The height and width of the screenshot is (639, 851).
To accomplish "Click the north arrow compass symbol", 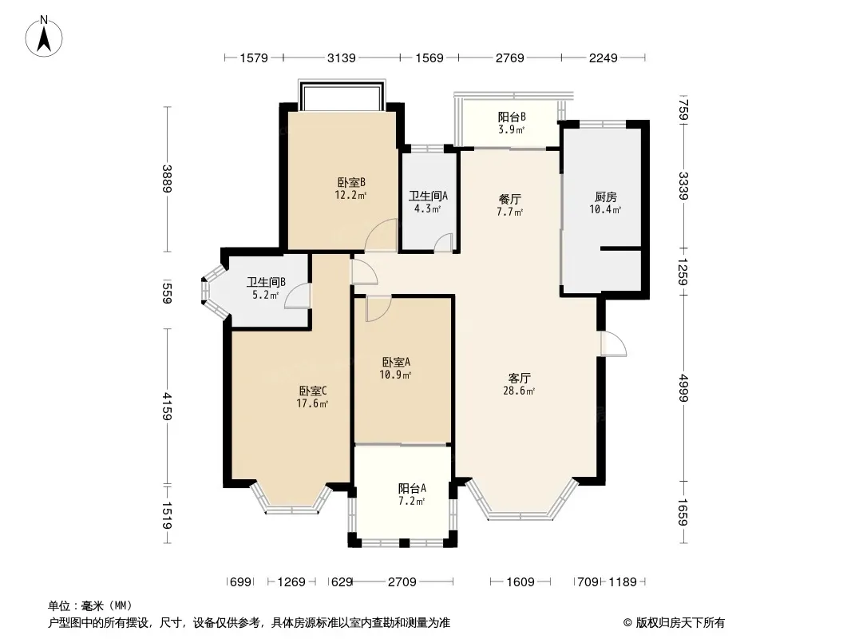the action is (x=44, y=37).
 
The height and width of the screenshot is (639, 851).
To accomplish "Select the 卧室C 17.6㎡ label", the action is (x=313, y=397).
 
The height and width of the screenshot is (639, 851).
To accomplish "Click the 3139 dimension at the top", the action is (x=342, y=58).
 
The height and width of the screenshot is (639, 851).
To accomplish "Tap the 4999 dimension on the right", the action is (x=683, y=387).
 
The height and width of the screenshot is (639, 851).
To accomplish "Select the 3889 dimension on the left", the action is (x=167, y=179).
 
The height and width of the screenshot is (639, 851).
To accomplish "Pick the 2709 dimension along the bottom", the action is (x=402, y=582).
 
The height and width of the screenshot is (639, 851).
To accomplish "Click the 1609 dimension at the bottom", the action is (x=520, y=582).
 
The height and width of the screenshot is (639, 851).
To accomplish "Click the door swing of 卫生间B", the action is (x=298, y=296).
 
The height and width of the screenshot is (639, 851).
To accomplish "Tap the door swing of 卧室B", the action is (x=382, y=235).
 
